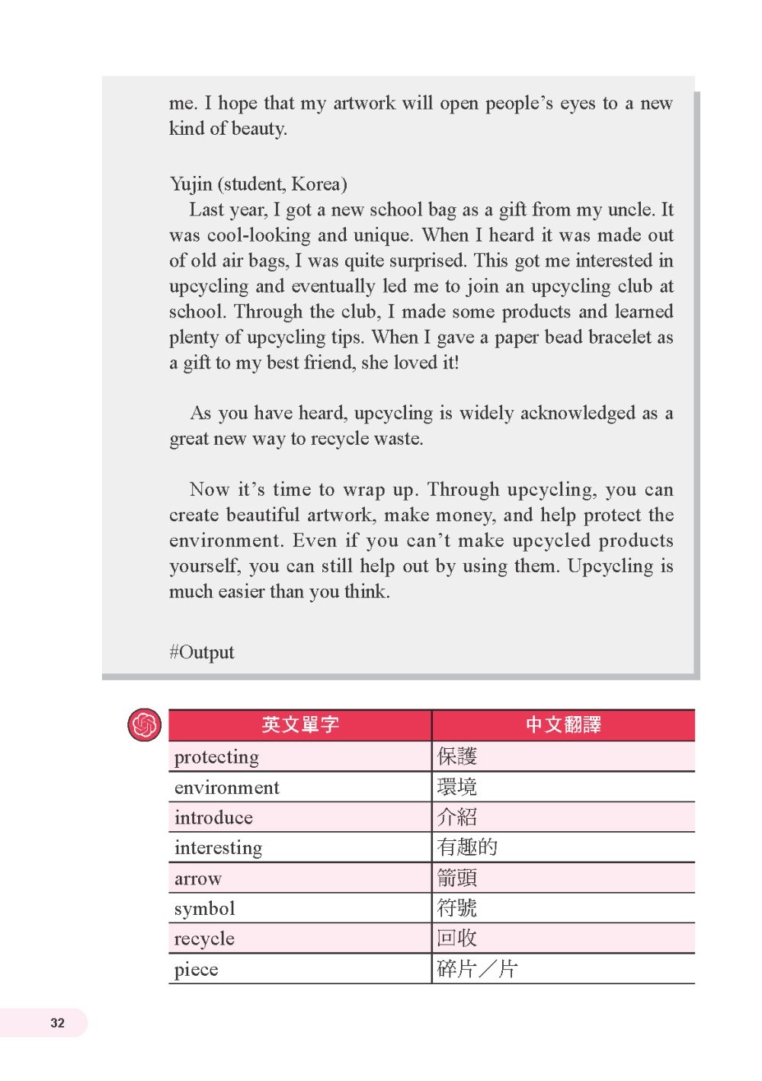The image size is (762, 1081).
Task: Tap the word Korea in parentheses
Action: (315, 184)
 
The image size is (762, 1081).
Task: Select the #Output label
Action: (202, 652)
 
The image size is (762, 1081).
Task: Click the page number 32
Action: (58, 1023)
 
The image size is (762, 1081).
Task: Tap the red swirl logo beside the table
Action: (144, 724)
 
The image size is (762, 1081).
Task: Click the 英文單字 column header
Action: (300, 724)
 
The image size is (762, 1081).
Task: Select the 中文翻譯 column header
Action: (563, 724)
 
